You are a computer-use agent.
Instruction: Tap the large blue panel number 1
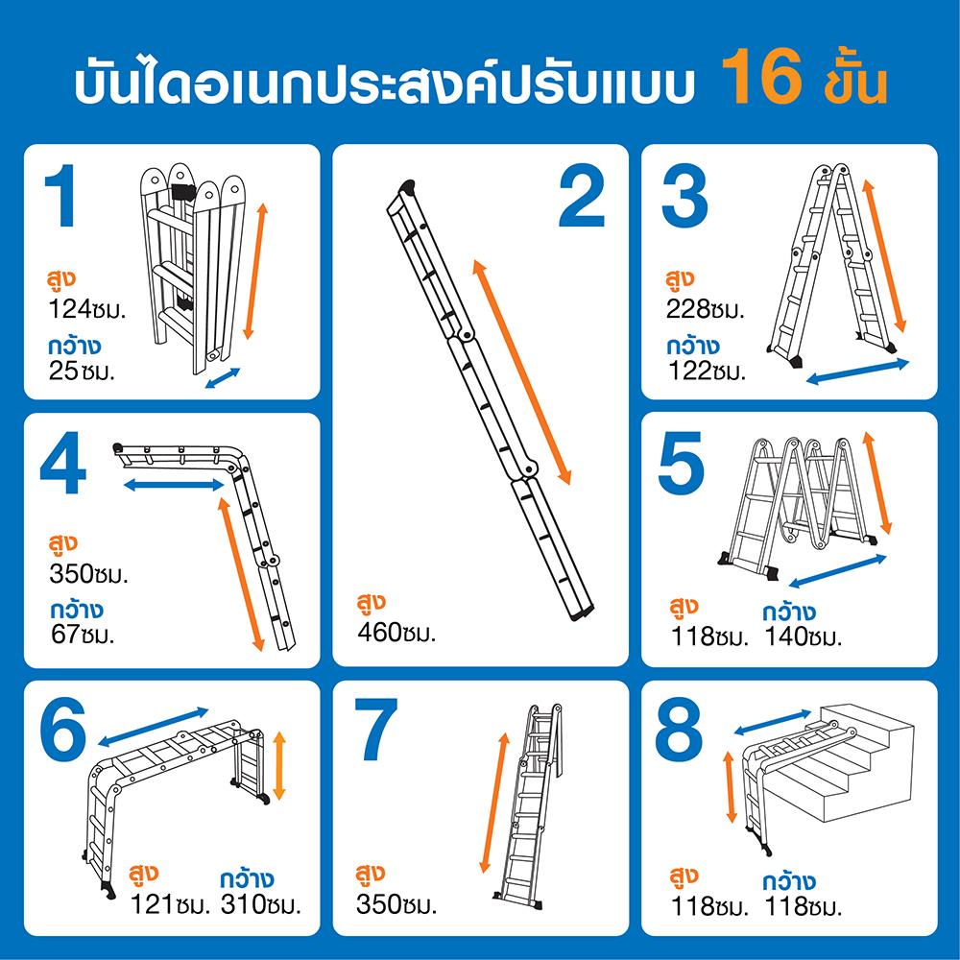[x=61, y=196]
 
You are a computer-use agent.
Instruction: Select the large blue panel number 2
[x=582, y=198]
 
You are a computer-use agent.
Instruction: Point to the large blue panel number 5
[x=682, y=463]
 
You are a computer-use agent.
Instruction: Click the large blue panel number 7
[x=376, y=730]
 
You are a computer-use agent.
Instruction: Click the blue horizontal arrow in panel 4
[x=174, y=485]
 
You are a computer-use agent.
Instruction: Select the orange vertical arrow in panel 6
[x=279, y=765]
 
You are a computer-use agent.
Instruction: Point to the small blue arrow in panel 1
[x=223, y=378]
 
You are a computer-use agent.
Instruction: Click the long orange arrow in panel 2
[x=521, y=372]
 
